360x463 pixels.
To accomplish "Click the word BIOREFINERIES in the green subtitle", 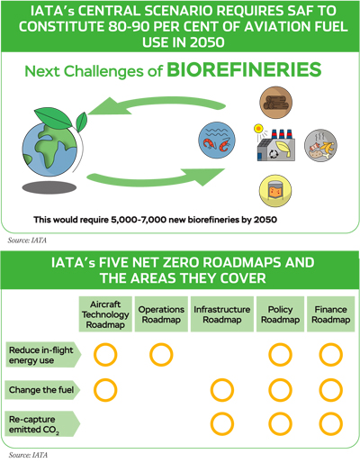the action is [244, 69].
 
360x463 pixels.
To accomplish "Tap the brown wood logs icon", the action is [275, 103].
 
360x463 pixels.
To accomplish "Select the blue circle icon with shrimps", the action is [217, 140].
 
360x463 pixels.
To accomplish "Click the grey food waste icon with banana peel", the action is [320, 145].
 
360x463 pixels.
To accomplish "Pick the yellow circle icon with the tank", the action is [275, 191].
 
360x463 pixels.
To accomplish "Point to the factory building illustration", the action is [276, 145].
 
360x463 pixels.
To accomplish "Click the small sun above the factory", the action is [258, 129].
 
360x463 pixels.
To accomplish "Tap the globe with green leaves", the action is [53, 142].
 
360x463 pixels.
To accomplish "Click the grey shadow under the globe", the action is [49, 187].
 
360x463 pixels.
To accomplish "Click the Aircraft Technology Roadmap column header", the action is [105, 314].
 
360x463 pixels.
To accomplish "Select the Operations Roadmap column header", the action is [161, 314].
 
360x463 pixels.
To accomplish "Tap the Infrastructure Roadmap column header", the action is [222, 314].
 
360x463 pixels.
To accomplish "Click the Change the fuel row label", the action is [42, 390].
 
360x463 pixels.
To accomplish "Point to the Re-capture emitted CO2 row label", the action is [42, 424].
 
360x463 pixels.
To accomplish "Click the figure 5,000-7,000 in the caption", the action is [139, 220].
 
